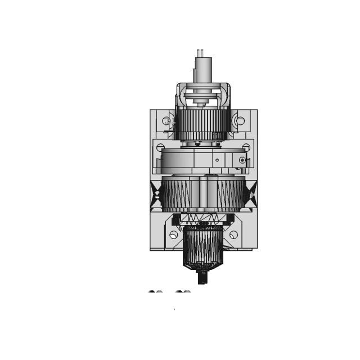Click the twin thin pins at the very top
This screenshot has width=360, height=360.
click(x=200, y=53)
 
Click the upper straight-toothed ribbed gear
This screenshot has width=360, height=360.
click(x=202, y=121)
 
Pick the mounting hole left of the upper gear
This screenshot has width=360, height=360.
click(x=166, y=120)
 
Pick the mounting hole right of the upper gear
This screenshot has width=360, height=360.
click(x=240, y=120)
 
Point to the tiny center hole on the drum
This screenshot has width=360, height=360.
click(x=217, y=160)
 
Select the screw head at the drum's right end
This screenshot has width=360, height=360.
click(x=242, y=160)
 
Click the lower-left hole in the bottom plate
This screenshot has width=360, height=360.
click(x=173, y=235)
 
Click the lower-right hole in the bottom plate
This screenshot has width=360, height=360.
click(x=233, y=235)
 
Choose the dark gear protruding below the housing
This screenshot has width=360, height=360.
click(x=203, y=247)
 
